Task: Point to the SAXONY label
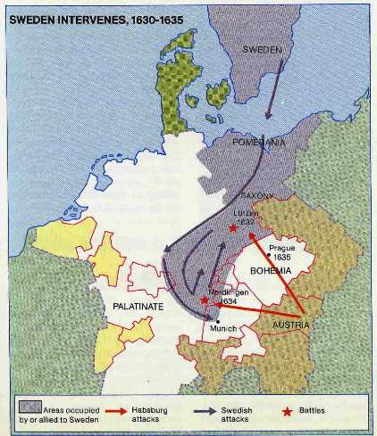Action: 256,195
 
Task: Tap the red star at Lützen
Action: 233,228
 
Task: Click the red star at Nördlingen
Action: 205,300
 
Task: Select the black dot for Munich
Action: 217,321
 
